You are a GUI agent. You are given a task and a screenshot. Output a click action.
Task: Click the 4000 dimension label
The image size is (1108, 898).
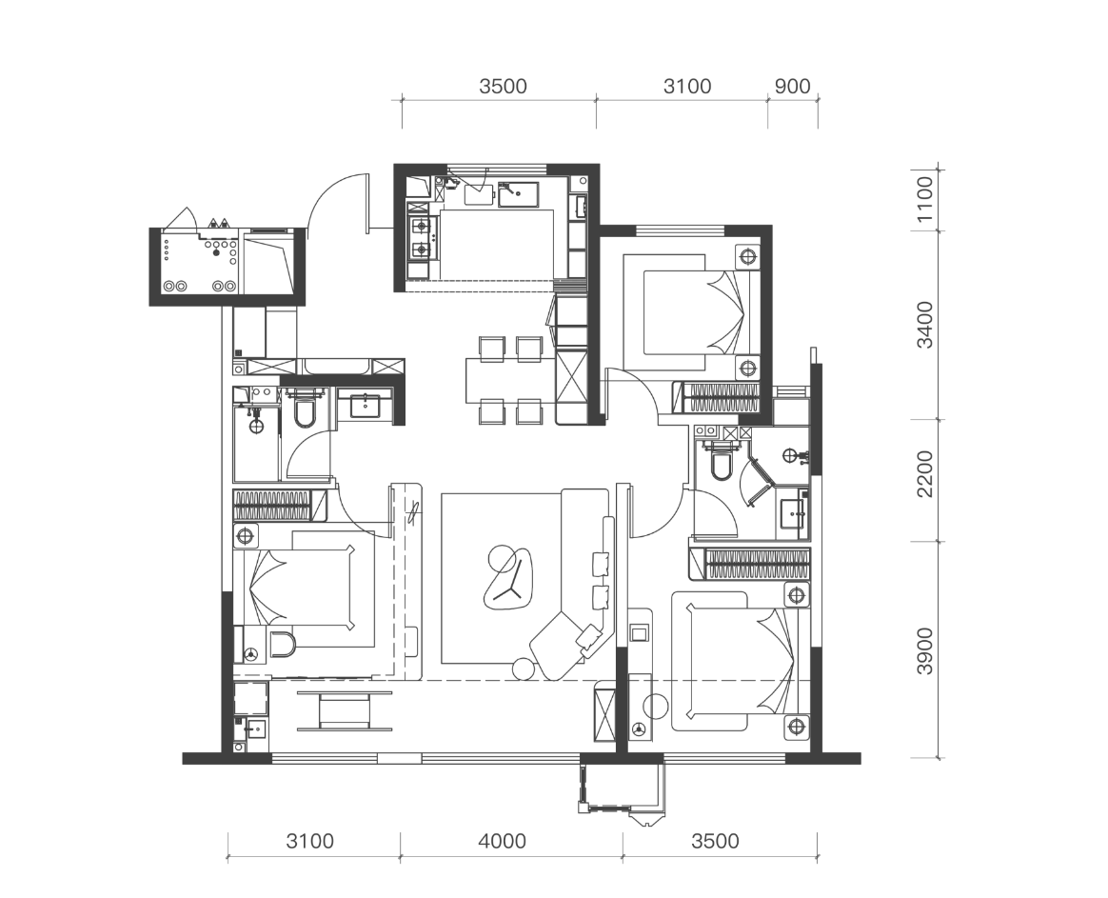click(x=502, y=841)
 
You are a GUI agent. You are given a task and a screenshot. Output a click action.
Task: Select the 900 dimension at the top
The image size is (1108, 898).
click(x=792, y=87)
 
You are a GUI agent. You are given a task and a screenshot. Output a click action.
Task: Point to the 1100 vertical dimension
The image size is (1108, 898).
click(x=924, y=199)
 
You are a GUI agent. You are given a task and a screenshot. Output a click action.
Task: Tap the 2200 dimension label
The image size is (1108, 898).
click(x=924, y=473)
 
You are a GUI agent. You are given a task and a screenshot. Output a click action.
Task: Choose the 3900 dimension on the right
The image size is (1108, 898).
click(x=924, y=651)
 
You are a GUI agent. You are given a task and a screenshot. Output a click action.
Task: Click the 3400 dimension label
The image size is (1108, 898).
click(x=924, y=326)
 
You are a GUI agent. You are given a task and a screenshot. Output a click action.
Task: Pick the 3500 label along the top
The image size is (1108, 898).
click(x=503, y=87)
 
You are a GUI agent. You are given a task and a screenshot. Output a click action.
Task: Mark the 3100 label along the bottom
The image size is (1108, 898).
click(x=309, y=841)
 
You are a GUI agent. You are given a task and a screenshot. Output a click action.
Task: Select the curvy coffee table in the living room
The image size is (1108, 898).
click(x=508, y=578)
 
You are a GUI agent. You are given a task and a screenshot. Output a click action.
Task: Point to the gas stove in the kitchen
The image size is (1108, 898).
click(x=421, y=238)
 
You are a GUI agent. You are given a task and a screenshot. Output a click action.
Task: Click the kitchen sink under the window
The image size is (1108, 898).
click(x=518, y=193)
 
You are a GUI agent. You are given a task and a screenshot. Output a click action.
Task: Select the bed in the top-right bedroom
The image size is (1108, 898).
click(x=691, y=311)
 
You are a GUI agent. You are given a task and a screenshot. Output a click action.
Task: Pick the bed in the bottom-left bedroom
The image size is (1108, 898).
click(x=308, y=589)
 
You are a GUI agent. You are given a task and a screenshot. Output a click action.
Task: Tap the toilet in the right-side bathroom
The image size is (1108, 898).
click(x=721, y=463)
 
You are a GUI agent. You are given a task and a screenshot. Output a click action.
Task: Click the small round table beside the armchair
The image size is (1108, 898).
click(x=524, y=669)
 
